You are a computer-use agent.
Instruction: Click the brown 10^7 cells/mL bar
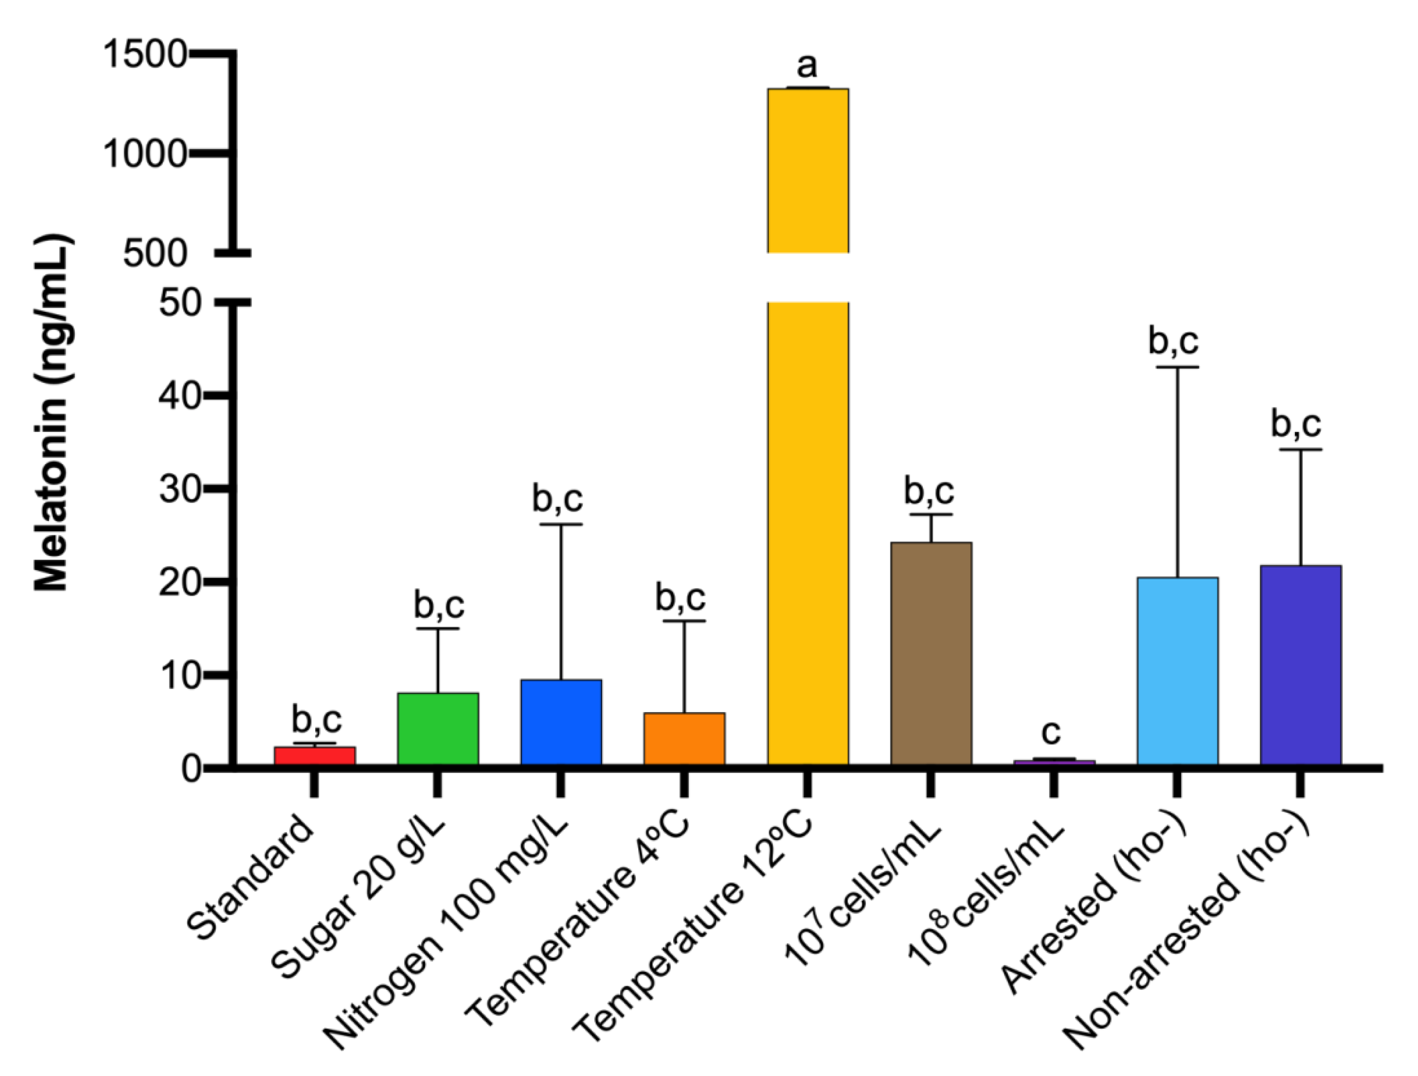click(931, 653)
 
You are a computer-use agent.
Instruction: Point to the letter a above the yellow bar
click(807, 65)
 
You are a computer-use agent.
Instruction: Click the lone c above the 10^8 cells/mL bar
click(1052, 732)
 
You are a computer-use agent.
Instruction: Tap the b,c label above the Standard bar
click(317, 720)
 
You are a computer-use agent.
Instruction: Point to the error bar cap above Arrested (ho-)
click(1177, 367)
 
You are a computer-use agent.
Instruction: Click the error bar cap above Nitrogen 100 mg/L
click(561, 524)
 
